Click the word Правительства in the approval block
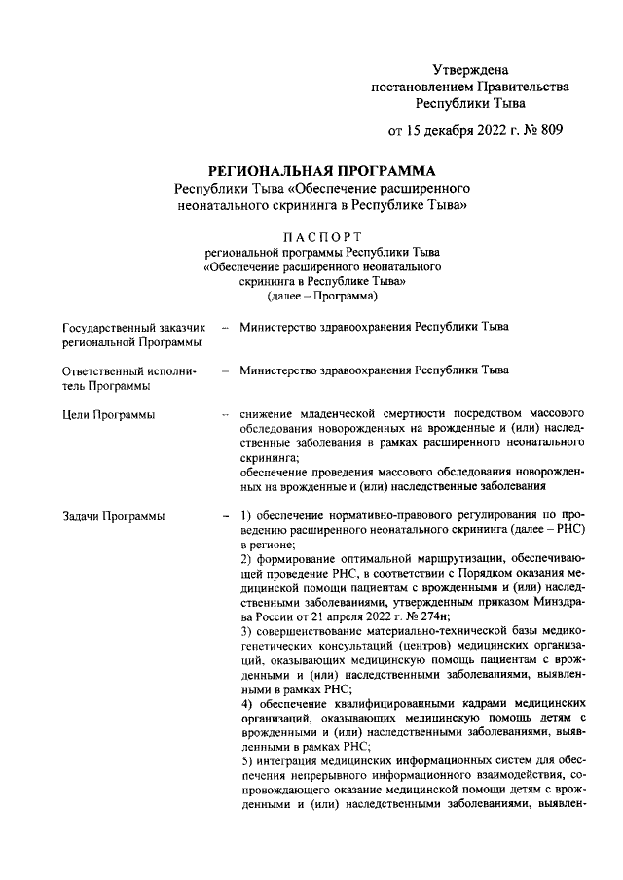click(x=516, y=86)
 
